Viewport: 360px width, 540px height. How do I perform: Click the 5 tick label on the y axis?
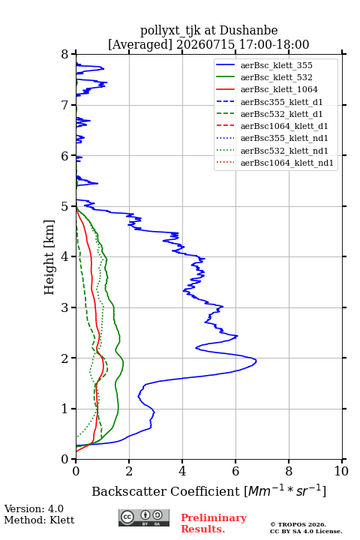[65, 207]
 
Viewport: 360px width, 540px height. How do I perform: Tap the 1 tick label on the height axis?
[65, 409]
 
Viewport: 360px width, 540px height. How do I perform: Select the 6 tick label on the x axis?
[235, 471]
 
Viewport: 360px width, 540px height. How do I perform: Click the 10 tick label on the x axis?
[341, 471]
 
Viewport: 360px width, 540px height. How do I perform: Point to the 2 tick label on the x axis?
[129, 471]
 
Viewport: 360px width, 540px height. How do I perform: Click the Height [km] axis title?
[49, 257]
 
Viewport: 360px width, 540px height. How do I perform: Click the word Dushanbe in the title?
[248, 31]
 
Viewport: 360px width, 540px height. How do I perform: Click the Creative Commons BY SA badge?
[144, 517]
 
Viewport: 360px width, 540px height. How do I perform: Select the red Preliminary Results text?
[214, 523]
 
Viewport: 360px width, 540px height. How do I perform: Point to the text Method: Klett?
[39, 520]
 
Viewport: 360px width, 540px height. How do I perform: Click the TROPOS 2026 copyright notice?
[298, 524]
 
